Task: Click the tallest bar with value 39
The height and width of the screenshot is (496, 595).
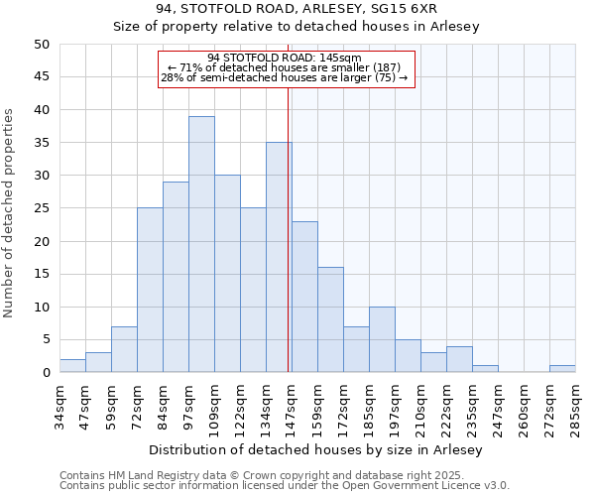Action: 201,244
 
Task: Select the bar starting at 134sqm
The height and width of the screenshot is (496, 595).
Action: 279,257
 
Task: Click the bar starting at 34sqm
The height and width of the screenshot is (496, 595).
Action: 72,366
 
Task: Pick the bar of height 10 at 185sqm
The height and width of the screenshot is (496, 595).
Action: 382,339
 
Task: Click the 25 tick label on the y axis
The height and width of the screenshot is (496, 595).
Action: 42,208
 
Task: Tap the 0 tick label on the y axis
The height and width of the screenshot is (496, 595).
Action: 46,373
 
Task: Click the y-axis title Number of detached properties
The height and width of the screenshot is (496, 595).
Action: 10,213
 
